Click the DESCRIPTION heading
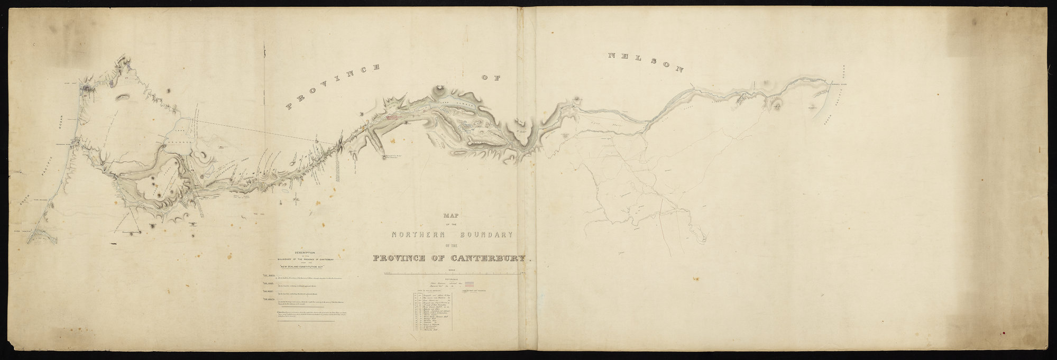tap(305, 252)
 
